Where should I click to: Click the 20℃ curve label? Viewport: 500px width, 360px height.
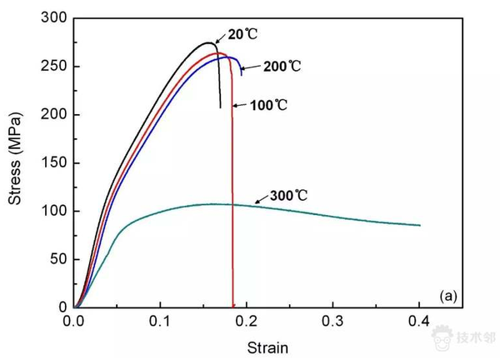coord(242,34)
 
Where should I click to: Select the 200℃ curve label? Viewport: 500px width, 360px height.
coord(281,66)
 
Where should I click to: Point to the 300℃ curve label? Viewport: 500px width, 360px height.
coord(288,196)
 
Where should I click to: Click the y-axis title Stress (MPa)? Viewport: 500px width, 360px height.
coord(15,162)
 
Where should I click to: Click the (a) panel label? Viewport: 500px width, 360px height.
coord(447,295)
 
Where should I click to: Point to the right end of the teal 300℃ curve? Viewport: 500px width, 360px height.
coord(420,225)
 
